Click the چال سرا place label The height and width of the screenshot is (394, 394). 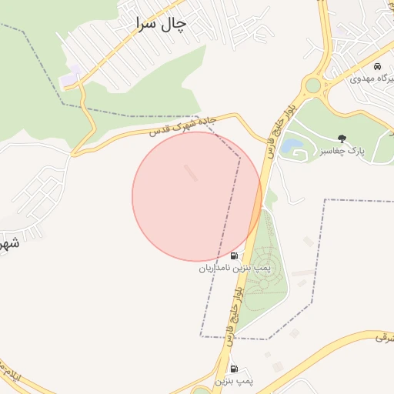(x=160, y=24)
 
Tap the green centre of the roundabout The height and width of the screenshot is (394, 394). (x=313, y=85)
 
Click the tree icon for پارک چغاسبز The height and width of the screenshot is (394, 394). (x=342, y=139)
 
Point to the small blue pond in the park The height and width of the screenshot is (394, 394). (x=292, y=145)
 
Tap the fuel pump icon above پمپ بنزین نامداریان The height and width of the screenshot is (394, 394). (x=234, y=255)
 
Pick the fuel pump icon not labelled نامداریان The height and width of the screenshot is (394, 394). (x=233, y=369)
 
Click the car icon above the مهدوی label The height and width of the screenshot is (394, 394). (x=376, y=67)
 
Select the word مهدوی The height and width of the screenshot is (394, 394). (x=362, y=78)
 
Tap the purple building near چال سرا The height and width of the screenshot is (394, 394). (x=70, y=77)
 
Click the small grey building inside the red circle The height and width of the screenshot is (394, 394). (x=190, y=172)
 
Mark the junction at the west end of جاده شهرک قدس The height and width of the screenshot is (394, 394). (x=74, y=154)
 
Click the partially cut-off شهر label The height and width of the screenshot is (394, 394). (x=8, y=245)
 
